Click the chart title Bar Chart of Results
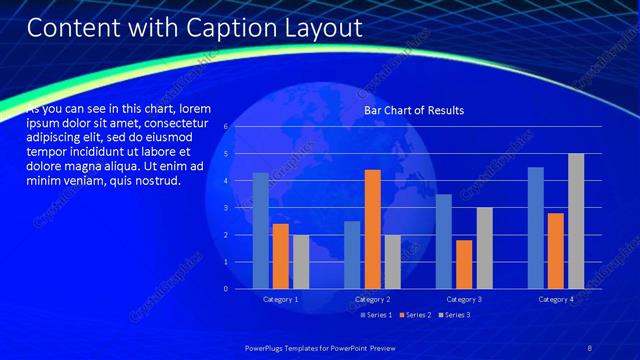[413, 110]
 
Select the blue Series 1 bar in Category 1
[261, 230]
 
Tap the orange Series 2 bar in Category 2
[372, 229]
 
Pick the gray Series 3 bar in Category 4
[576, 221]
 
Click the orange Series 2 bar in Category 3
[464, 264]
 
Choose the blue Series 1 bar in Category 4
[536, 228]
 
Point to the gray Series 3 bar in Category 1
[301, 261]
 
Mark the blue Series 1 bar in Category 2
[352, 255]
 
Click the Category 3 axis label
[464, 299]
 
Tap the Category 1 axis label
[281, 299]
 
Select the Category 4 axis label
[556, 299]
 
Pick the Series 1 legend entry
[376, 315]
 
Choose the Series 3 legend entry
[454, 315]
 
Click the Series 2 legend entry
[415, 315]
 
